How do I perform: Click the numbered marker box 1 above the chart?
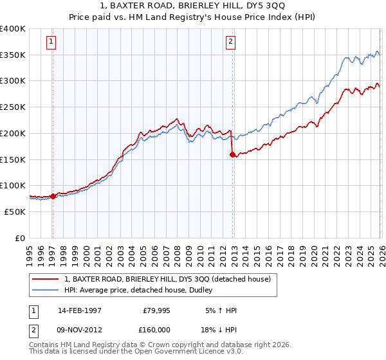pos(51,42)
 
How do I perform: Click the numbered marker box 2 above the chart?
pos(230,42)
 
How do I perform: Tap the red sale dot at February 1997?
pos(53,196)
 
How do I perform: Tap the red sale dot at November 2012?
pos(232,154)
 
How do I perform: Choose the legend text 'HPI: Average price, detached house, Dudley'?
pos(145,290)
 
